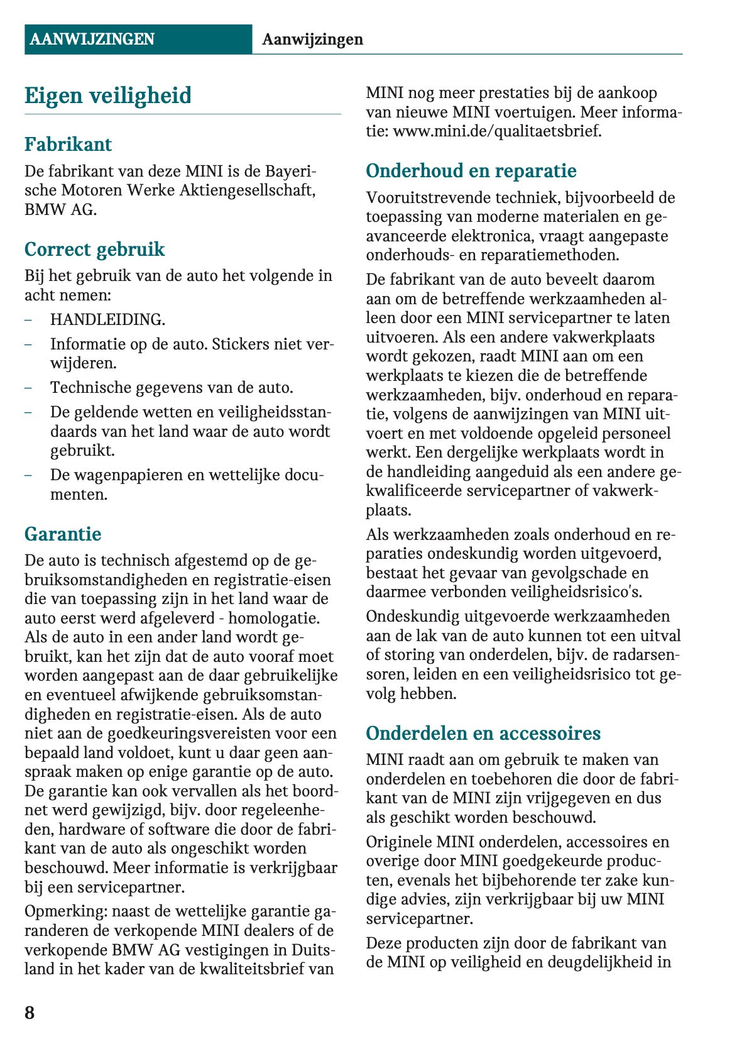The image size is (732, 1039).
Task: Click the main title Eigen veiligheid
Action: coord(108,96)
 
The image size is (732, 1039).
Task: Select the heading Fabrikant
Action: coord(68,145)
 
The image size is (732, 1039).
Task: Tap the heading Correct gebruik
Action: coord(94,250)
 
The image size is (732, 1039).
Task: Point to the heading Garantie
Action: coord(63,534)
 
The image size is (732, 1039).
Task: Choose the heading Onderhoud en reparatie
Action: coord(471,171)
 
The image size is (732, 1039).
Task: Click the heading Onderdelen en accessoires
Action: coord(483,734)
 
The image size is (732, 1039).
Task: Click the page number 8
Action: coord(30,1013)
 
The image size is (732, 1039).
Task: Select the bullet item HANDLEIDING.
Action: coord(107,320)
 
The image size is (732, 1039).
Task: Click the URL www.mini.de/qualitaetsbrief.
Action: coord(496,131)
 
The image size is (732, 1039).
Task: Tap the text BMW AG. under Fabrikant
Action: coord(60,210)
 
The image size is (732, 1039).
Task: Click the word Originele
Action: coord(398,842)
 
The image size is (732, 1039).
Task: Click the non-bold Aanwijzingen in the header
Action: coord(312,40)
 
